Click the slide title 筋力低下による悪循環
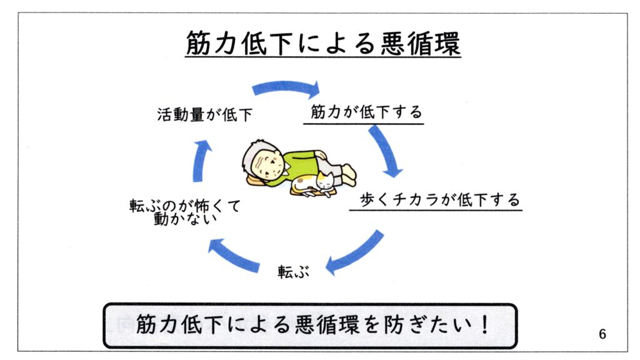(322, 44)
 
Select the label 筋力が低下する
(366, 112)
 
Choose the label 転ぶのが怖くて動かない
(185, 212)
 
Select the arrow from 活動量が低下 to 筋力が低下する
(286, 88)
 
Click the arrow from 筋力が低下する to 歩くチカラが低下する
(386, 151)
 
